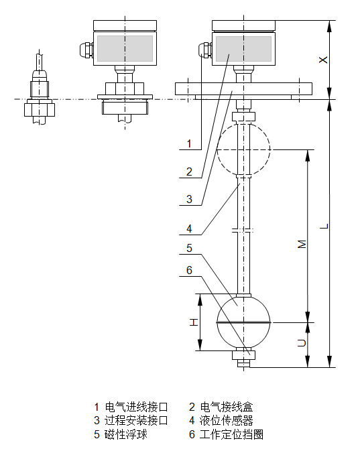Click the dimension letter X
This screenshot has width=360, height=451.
coord(323,60)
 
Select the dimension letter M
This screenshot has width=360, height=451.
coord(302,244)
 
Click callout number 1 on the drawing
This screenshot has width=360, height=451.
coord(190,143)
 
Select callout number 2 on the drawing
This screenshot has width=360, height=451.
coord(190,172)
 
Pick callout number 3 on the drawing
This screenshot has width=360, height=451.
coord(190,199)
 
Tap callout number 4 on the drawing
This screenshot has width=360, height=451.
coord(190,229)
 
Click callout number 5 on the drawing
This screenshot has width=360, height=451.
coord(190,248)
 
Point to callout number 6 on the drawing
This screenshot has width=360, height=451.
coord(190,270)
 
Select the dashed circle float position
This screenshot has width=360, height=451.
coord(244,149)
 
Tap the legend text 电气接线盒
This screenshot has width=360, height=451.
coord(225,407)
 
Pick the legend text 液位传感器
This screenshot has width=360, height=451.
coord(225,421)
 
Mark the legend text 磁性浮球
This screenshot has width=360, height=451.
coord(125,434)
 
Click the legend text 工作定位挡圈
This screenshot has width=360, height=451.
coord(230,434)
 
